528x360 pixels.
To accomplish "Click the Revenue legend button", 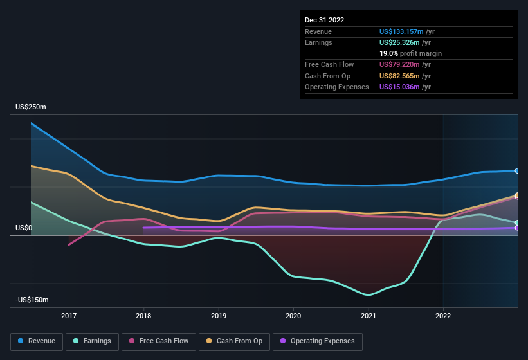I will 37,341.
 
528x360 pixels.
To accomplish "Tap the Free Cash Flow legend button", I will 159,341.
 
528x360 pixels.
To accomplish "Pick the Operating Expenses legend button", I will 317,341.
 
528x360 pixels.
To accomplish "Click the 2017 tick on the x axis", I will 69,316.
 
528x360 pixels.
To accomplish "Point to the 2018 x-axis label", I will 143,316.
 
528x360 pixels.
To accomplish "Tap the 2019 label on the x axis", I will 219,316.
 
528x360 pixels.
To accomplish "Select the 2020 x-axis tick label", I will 293,316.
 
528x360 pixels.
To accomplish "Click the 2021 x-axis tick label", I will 369,316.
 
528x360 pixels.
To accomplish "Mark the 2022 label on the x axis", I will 443,316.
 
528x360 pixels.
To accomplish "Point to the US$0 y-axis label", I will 24,228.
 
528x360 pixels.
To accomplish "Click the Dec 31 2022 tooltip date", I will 325,20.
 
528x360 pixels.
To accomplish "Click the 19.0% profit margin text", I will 410,53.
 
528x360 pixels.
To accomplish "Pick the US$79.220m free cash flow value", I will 401,64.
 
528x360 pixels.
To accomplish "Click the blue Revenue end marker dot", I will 517,171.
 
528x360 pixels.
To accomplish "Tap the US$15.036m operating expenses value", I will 401,87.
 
